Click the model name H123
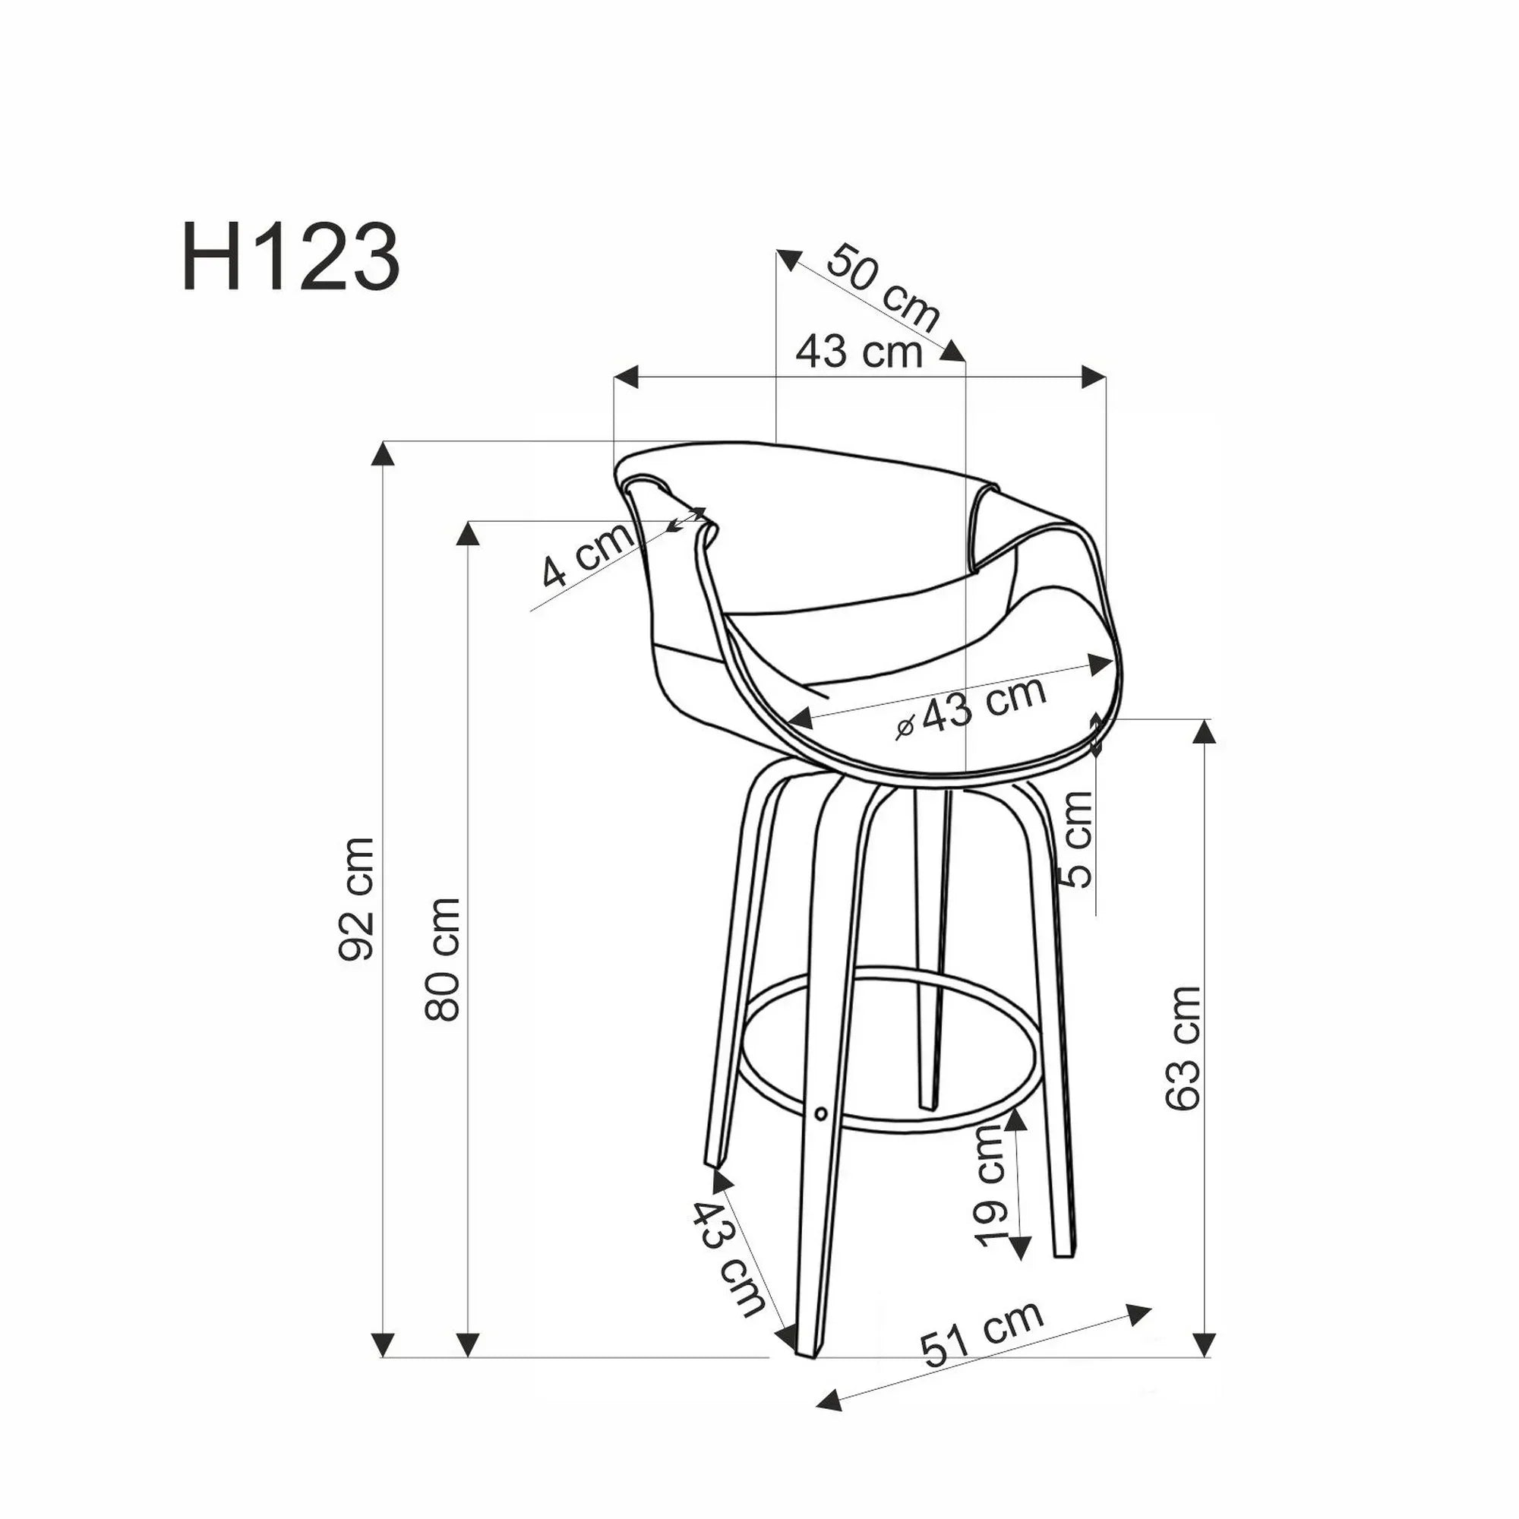pyautogui.click(x=290, y=257)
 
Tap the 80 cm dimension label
pyautogui.click(x=442, y=958)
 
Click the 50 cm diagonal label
pyautogui.click(x=884, y=287)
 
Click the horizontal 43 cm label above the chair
pyautogui.click(x=859, y=351)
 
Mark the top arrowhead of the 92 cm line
pyautogui.click(x=382, y=453)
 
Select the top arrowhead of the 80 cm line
pyautogui.click(x=468, y=534)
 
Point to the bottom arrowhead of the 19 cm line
pyautogui.click(x=1019, y=1247)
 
